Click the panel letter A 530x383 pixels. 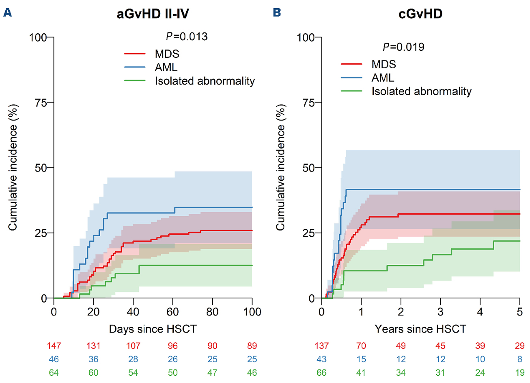[x=7, y=13]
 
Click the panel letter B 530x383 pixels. [x=277, y=13]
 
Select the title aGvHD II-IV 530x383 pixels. [x=153, y=14]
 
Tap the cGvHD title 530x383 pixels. [x=420, y=14]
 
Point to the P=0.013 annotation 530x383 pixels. [x=187, y=37]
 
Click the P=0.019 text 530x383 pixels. [x=403, y=47]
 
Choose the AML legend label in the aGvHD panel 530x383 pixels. [x=166, y=67]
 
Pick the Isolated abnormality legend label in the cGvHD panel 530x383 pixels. [x=421, y=91]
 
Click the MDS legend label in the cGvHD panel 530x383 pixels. [x=383, y=64]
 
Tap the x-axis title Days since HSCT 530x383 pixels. [x=153, y=329]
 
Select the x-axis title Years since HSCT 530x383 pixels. [x=420, y=329]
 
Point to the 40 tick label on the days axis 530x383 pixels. [x=133, y=312]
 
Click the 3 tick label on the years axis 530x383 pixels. [x=440, y=312]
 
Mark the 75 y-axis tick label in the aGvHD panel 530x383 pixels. [x=41, y=102]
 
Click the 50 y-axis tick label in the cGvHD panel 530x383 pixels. [x=309, y=168]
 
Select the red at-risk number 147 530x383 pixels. [x=54, y=346]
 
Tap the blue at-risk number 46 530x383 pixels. [x=54, y=359]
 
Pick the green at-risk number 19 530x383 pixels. [x=519, y=373]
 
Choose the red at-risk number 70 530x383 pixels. [x=361, y=346]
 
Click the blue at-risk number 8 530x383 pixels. [x=520, y=359]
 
